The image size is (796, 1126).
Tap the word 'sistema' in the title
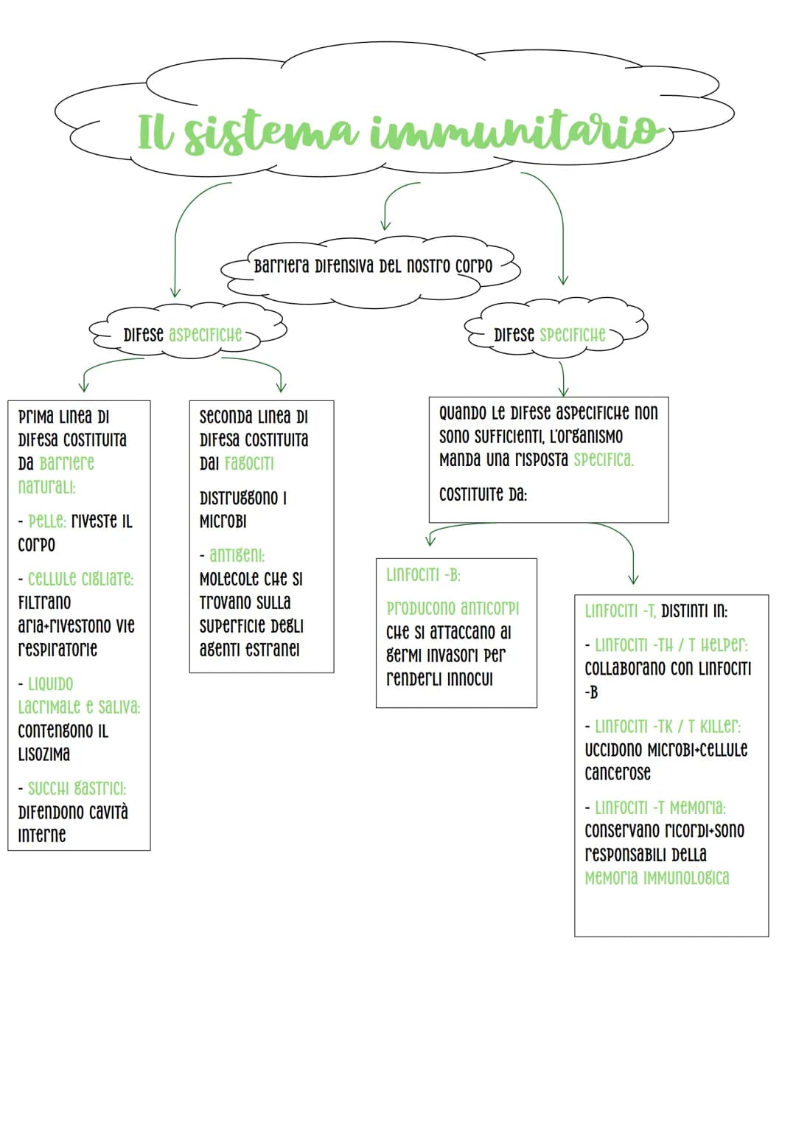pos(271,133)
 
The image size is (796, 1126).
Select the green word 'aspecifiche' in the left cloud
pos(205,334)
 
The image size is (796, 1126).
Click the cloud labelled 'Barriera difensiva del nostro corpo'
pos(371,272)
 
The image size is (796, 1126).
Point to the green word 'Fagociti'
pos(249,463)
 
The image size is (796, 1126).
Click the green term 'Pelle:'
pos(47,521)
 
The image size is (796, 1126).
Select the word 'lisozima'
pos(43,754)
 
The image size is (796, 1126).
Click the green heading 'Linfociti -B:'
pos(423,574)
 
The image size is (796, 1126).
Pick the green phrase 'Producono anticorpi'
pos(453,608)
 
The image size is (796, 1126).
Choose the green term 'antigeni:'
pos(237,555)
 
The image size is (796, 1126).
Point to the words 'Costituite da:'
pos(483,495)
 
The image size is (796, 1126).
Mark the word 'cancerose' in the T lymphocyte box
pos(617,773)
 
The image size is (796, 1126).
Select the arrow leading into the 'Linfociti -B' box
pos(455,526)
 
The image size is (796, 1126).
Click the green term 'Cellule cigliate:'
pos(80,579)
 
